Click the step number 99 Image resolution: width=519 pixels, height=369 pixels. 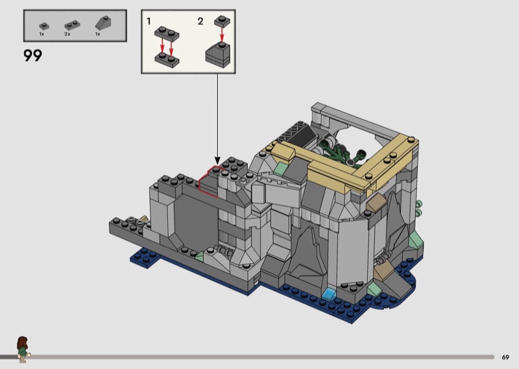(x=33, y=55)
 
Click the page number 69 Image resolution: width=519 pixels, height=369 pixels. (x=505, y=357)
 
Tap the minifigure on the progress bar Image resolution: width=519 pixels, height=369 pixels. (x=23, y=349)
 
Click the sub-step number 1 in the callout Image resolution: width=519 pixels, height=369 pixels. (x=149, y=21)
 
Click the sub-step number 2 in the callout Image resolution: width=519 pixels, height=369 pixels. (x=200, y=21)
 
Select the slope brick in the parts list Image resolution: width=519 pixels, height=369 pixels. (x=103, y=23)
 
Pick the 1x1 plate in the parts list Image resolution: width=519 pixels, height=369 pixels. (x=44, y=26)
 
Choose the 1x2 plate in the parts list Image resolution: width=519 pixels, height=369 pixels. (x=72, y=25)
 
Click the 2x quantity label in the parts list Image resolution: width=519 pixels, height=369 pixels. (x=67, y=34)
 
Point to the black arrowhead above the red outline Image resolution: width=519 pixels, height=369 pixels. (x=217, y=160)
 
